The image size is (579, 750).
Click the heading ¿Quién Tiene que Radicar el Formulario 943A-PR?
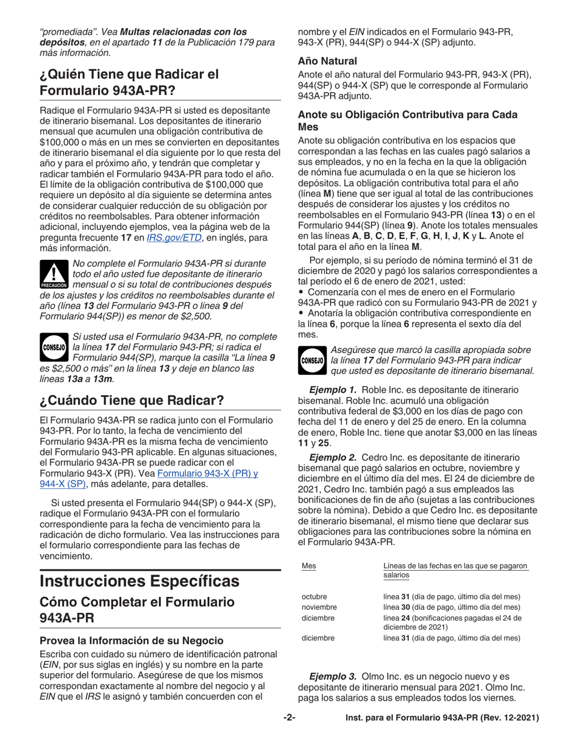pyautogui.click(x=128, y=83)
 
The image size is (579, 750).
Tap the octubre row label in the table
pyautogui.click(x=315, y=596)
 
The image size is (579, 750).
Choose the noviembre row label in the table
pyautogui.click(x=319, y=607)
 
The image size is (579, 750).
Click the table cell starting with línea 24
pyautogui.click(x=452, y=623)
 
